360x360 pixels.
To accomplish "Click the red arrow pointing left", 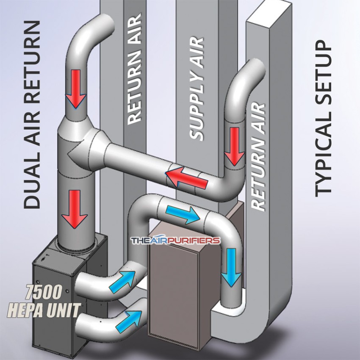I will pos(186,178).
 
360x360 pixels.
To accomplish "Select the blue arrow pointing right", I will pos(183,213).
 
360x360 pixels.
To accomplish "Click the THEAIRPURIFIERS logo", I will pos(175,241).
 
